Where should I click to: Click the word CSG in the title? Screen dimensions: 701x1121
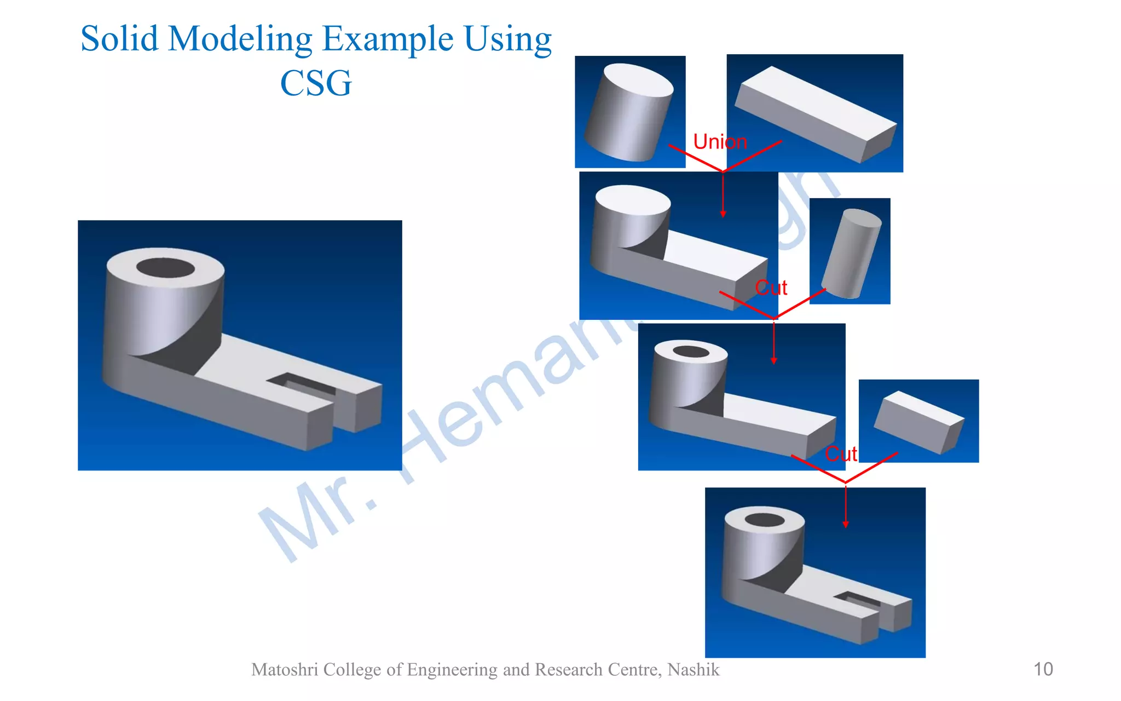(x=316, y=83)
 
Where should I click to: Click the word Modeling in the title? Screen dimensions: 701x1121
(x=240, y=39)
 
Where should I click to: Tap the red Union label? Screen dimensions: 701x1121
(x=719, y=142)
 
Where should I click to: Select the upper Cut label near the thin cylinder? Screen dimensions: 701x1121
(x=771, y=288)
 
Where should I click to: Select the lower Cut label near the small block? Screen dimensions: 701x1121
(x=840, y=454)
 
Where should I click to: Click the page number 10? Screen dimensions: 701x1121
(x=1043, y=669)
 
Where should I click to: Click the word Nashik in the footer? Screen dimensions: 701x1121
(x=693, y=670)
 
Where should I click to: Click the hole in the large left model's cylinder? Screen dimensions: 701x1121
(x=165, y=268)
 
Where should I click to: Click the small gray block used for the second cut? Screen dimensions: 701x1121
(x=918, y=422)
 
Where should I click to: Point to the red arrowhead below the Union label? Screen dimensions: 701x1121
(x=723, y=214)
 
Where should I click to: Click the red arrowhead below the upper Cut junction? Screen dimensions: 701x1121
(x=773, y=361)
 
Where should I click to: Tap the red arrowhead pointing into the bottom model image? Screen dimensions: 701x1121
(x=846, y=525)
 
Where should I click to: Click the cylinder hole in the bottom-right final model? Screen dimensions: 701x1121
(x=765, y=520)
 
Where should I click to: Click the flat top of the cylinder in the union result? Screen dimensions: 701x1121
(x=632, y=200)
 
